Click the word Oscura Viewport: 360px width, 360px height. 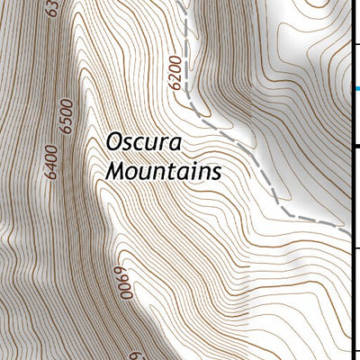tap(143, 143)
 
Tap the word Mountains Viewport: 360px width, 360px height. tap(163, 170)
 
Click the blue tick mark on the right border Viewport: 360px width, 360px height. tap(356, 88)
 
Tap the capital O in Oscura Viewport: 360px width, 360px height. tap(114, 143)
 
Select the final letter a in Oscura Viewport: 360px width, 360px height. tap(175, 144)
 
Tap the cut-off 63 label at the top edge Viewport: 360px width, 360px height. tap(51, 9)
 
